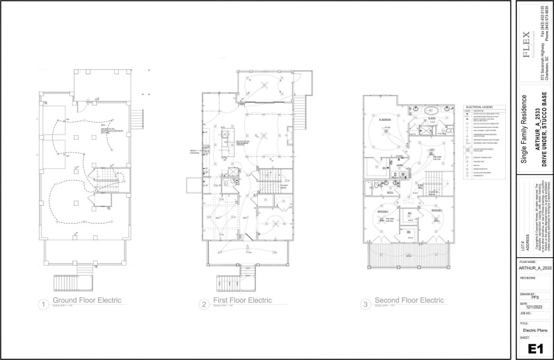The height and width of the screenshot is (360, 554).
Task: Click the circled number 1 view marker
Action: [43, 304]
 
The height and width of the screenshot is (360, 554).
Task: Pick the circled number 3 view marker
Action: [365, 304]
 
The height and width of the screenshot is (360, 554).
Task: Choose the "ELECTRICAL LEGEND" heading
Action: [479, 105]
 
